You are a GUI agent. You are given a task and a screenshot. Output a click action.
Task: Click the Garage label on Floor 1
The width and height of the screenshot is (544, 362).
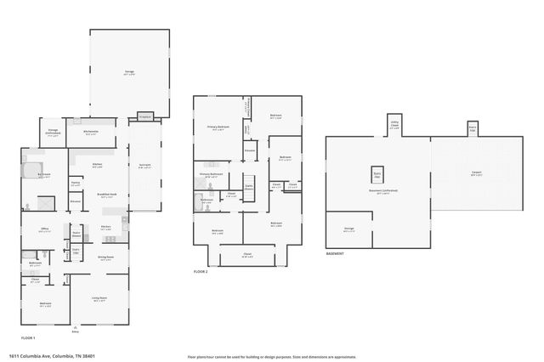[129, 73]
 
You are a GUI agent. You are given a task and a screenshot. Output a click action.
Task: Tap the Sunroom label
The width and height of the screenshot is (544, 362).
[144, 167]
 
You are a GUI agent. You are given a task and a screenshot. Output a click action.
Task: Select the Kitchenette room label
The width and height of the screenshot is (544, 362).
[91, 132]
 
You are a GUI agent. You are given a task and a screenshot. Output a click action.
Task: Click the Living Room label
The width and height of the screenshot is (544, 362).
[99, 298]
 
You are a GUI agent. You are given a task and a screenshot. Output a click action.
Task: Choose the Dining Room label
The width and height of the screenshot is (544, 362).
[106, 257]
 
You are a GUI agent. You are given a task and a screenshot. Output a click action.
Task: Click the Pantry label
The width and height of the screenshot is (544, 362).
[76, 183]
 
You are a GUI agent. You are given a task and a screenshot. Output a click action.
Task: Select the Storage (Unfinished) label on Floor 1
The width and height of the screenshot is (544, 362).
[53, 133]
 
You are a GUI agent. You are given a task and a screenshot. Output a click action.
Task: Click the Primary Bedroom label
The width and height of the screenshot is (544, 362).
[218, 127]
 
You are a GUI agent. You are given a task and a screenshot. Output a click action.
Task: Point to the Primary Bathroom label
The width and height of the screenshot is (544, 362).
[211, 175]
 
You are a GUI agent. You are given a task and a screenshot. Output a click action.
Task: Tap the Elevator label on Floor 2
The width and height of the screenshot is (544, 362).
[250, 150]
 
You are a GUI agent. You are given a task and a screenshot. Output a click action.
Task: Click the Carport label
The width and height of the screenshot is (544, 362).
[477, 173]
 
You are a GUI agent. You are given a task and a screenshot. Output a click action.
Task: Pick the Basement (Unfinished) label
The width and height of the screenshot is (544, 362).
[383, 191]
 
